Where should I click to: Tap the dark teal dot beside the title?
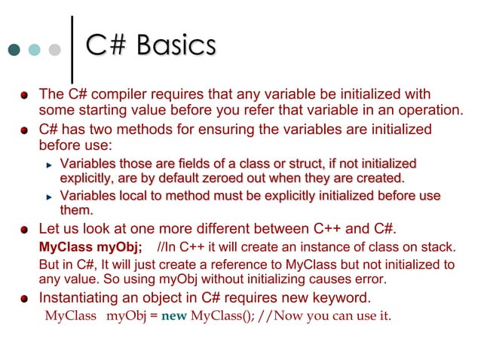[14, 50]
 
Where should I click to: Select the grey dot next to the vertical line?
[54, 50]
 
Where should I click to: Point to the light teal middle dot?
[34, 50]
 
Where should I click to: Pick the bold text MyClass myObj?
[90, 247]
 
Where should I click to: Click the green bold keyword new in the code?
[173, 315]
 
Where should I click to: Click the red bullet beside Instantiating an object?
[25, 297]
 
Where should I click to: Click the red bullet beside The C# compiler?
[25, 96]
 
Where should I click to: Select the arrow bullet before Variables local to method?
[49, 197]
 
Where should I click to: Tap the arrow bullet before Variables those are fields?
[49, 164]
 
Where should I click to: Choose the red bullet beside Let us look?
[25, 229]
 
